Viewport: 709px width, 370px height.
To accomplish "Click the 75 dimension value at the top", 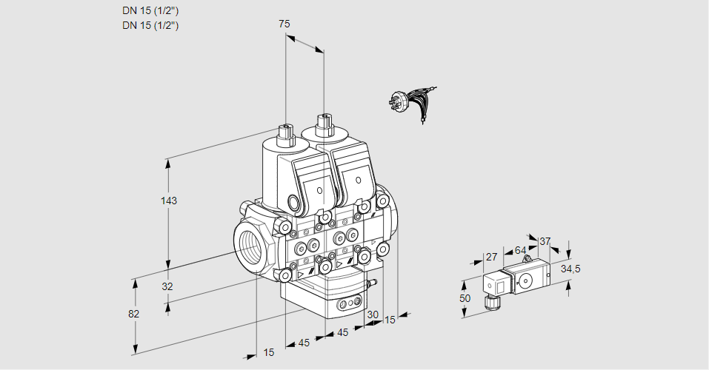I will coord(284,24).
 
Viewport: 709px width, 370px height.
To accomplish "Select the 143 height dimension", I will coord(170,201).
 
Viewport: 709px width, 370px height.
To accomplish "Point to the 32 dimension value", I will coord(167,287).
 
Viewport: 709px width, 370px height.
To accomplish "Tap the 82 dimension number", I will coord(133,314).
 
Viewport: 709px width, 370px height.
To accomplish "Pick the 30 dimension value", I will coord(373,314).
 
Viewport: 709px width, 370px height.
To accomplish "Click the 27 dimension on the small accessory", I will coord(490,258).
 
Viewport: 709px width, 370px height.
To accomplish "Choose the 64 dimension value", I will coord(520,250).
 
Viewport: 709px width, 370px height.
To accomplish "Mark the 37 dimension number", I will coord(545,241).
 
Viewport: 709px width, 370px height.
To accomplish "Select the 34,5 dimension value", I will coord(570,269).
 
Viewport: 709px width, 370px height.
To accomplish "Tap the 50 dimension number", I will coord(465,298).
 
